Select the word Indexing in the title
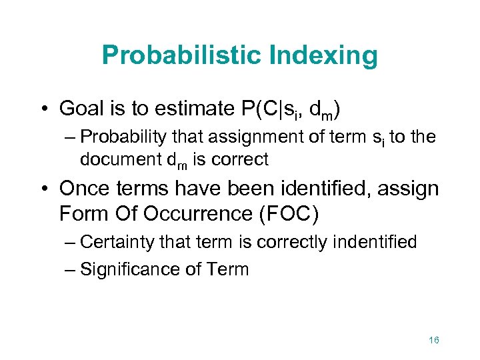pyautogui.click(x=326, y=56)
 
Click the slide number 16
pyautogui.click(x=433, y=340)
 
